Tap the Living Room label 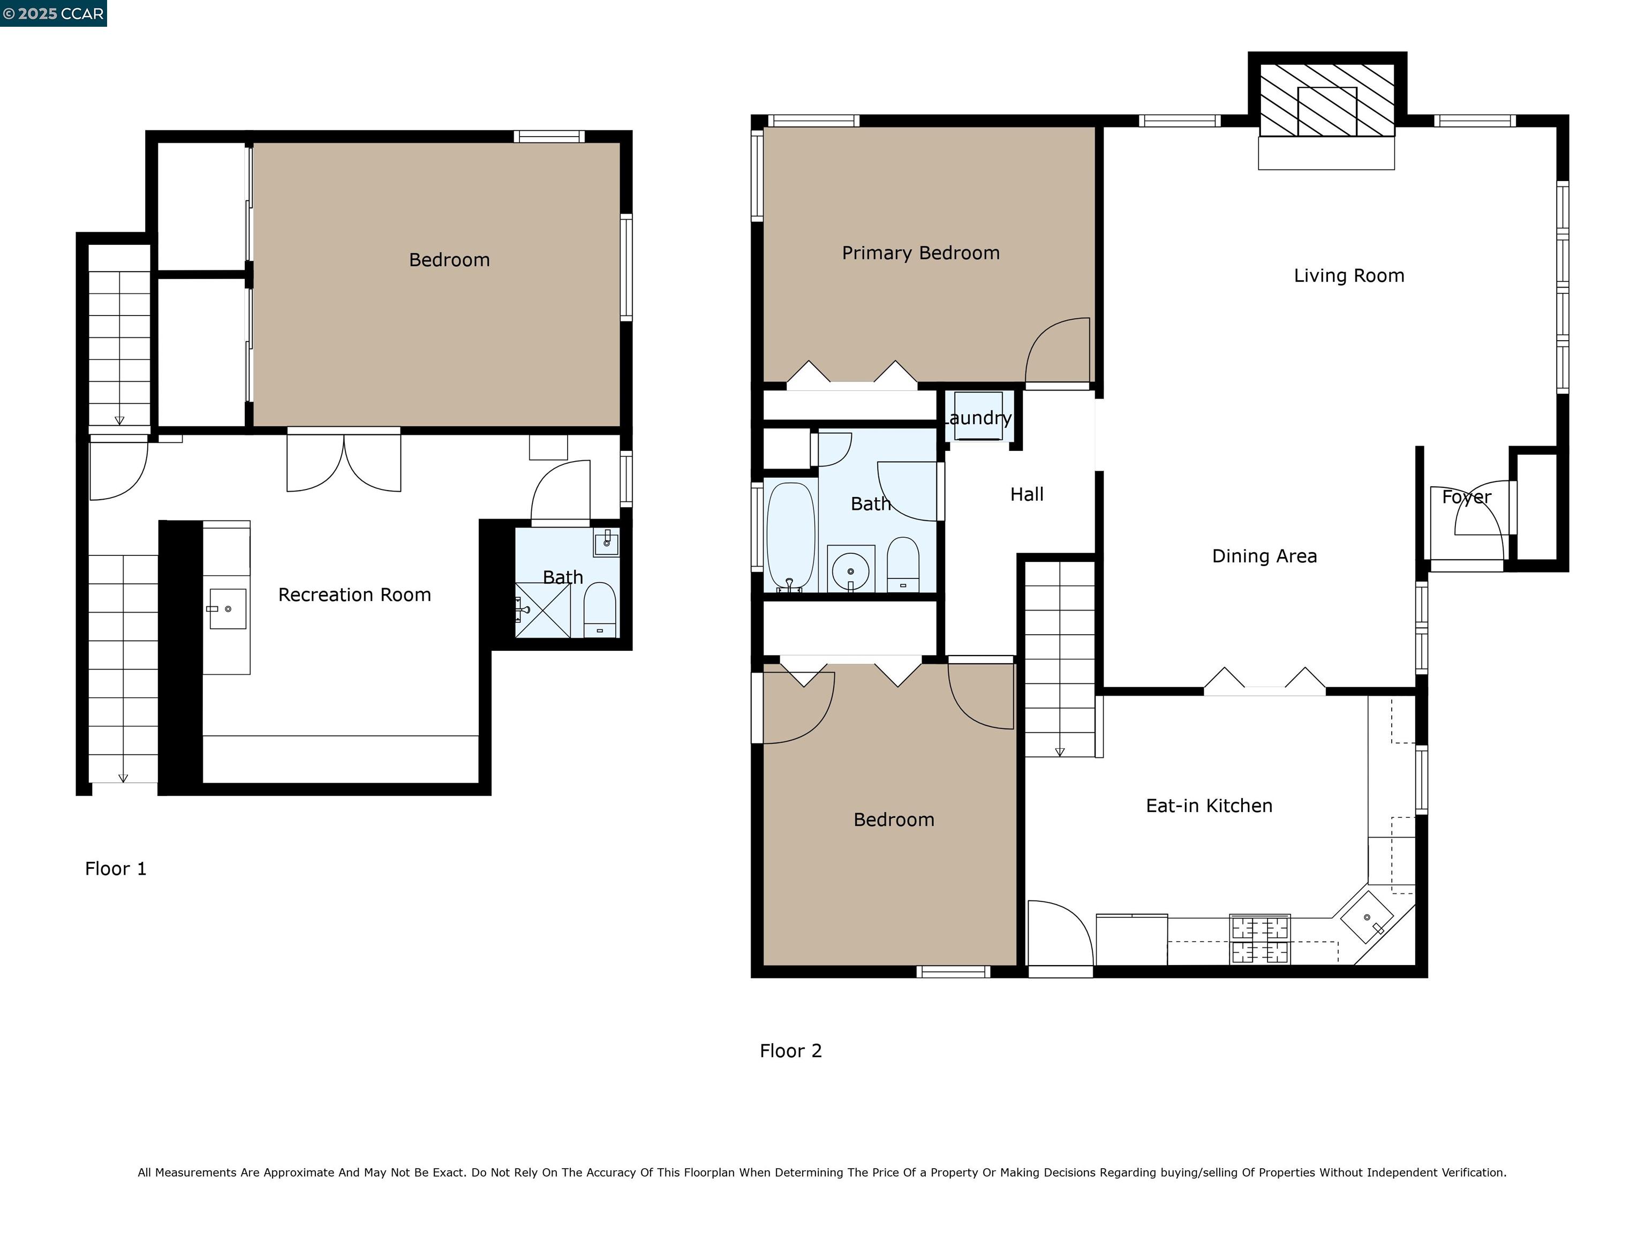click(x=1348, y=276)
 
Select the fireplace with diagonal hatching click(x=1327, y=100)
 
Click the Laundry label click(x=979, y=418)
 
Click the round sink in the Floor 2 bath click(x=850, y=571)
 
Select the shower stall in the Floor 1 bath click(x=543, y=611)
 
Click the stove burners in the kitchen click(x=1260, y=939)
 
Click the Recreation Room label click(x=354, y=595)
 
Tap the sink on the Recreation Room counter click(x=227, y=608)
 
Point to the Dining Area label click(x=1264, y=556)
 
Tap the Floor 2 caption click(x=790, y=1051)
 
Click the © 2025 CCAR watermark click(x=53, y=13)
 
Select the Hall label click(x=1027, y=495)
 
